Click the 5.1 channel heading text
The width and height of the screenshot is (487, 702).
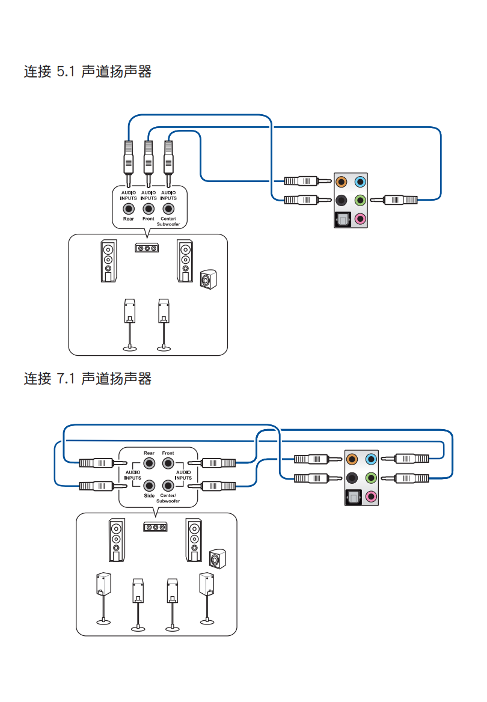[87, 72]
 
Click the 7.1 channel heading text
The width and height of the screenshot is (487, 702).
[87, 379]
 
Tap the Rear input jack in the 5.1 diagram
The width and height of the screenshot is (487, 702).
[128, 209]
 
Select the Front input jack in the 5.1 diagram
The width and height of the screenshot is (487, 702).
[149, 209]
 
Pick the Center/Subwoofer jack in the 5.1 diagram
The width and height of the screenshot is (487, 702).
[168, 209]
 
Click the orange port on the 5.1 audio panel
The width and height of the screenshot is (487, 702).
[342, 181]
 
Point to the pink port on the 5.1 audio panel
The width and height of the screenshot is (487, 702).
[360, 219]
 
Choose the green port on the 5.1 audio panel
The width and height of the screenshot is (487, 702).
[360, 200]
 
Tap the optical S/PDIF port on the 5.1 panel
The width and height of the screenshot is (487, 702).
[342, 219]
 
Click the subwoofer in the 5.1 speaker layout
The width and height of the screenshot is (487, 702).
[207, 279]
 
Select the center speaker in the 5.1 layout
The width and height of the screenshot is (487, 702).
[147, 248]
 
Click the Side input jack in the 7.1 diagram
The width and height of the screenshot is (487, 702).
[149, 484]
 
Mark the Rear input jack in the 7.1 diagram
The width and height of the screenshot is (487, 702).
[149, 463]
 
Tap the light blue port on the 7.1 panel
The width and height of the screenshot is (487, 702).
[370, 460]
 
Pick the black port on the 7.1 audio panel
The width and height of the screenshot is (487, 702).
[352, 478]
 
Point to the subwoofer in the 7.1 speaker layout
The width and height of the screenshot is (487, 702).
[216, 559]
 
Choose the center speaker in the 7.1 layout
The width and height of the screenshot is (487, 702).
[155, 527]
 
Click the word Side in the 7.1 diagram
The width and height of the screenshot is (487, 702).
[149, 496]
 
